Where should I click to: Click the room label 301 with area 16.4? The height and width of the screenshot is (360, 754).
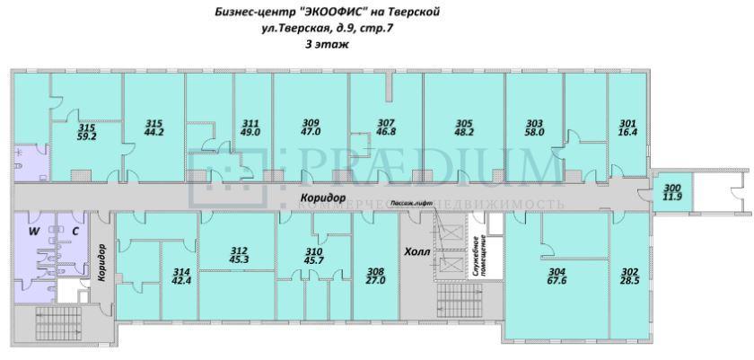click(627, 127)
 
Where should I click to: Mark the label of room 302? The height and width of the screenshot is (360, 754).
click(630, 275)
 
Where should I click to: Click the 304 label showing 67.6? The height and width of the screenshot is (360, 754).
click(556, 275)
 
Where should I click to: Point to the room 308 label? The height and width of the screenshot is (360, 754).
click(375, 275)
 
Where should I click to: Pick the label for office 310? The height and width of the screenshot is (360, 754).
click(314, 255)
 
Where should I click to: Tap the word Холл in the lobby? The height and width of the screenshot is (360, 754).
click(418, 251)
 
